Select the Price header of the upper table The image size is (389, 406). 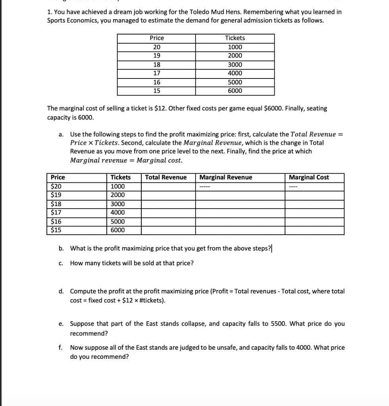click(156, 38)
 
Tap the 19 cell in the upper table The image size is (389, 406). click(156, 56)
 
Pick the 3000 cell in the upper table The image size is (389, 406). click(235, 65)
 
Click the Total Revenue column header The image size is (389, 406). click(166, 177)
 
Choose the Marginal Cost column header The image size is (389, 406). click(309, 177)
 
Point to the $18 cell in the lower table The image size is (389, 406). click(56, 204)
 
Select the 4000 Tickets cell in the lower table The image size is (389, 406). click(117, 213)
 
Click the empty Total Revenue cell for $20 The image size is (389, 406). click(168, 186)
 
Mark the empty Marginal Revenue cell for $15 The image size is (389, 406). click(240, 230)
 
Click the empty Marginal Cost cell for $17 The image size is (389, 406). click(314, 213)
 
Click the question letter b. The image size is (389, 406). click(61, 249)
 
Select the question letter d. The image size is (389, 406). click(61, 291)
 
